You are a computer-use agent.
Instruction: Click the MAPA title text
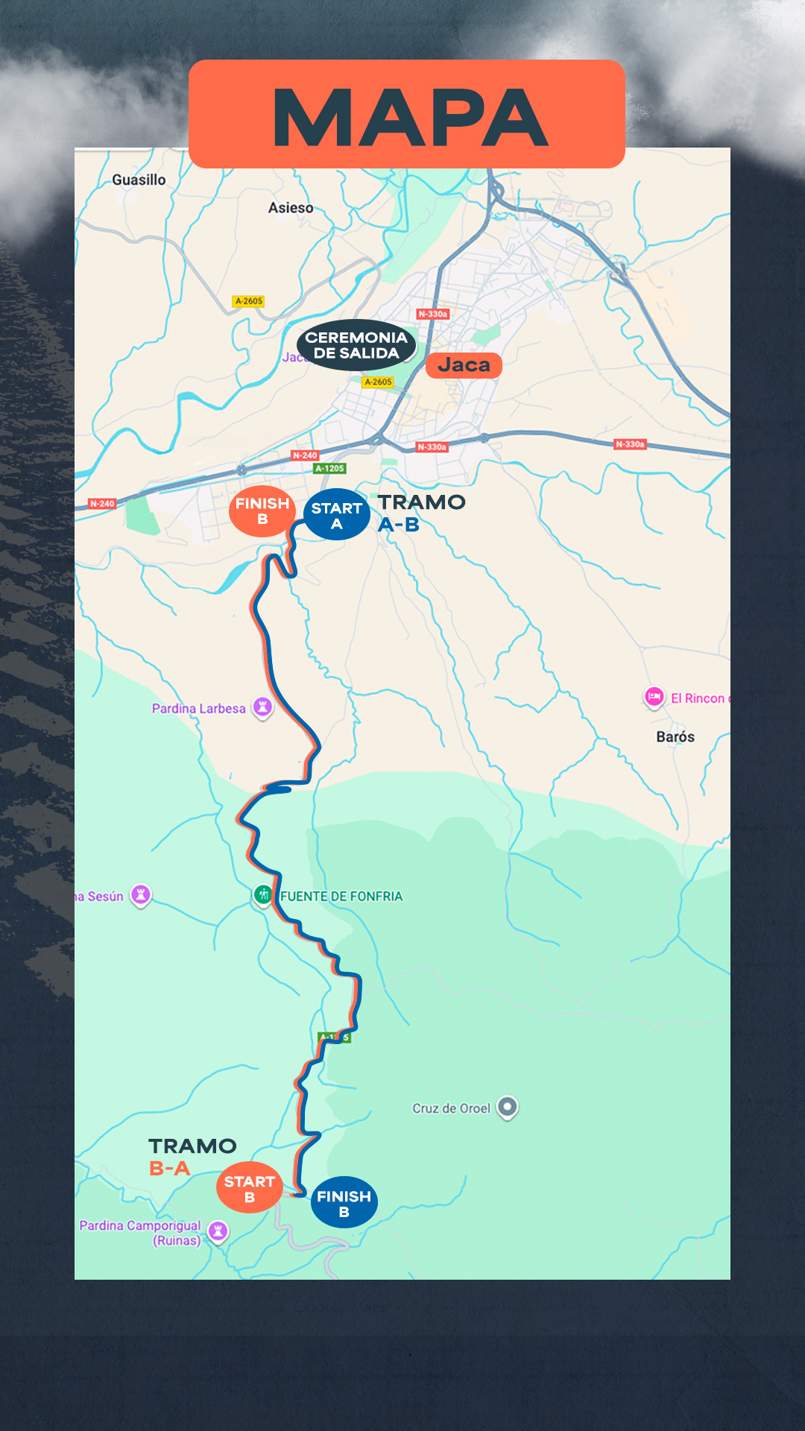409,117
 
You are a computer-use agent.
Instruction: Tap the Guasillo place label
139,180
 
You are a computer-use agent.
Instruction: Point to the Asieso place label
291,208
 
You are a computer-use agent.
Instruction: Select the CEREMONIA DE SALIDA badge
356,345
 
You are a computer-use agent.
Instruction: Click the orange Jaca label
464,365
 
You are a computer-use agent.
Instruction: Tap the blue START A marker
337,515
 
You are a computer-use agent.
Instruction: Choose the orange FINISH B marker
262,511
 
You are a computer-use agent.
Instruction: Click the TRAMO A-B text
421,513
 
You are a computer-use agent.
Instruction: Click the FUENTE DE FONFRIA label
341,896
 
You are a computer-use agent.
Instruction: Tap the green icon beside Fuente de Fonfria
263,894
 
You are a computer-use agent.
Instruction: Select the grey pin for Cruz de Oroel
508,1107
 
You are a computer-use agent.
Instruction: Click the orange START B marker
250,1188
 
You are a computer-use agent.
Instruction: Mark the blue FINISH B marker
344,1203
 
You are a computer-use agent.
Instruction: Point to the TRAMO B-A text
192,1157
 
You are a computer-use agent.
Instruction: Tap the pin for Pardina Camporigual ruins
218,1231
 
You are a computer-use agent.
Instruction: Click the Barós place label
675,736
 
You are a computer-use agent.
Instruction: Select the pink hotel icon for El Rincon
654,698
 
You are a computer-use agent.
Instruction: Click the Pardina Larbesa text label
198,709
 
